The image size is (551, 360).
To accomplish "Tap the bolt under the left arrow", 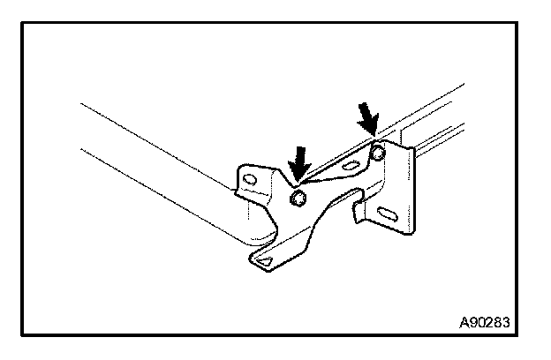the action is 298,199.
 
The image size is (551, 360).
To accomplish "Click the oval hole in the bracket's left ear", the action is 250,181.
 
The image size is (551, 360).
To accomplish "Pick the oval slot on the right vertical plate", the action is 388,213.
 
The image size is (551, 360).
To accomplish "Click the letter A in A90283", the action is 463,322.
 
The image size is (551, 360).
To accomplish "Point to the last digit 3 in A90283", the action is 504,322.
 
